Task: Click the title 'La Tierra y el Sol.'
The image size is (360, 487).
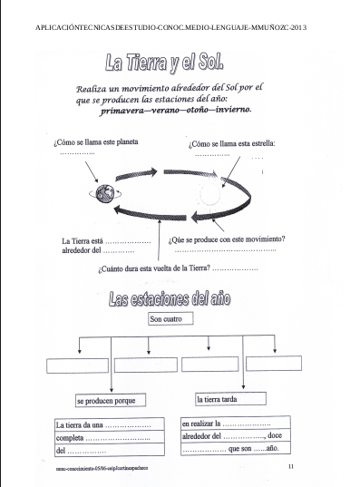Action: pos(163,63)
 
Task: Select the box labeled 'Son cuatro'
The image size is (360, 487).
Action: pos(172,319)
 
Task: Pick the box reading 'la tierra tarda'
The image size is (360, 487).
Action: pos(229,398)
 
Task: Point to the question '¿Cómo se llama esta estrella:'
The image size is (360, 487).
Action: pos(231,143)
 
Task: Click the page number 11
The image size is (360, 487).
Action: pos(290,466)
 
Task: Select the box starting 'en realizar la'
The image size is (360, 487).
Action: pos(234,435)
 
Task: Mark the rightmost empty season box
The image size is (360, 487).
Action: pos(273,363)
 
